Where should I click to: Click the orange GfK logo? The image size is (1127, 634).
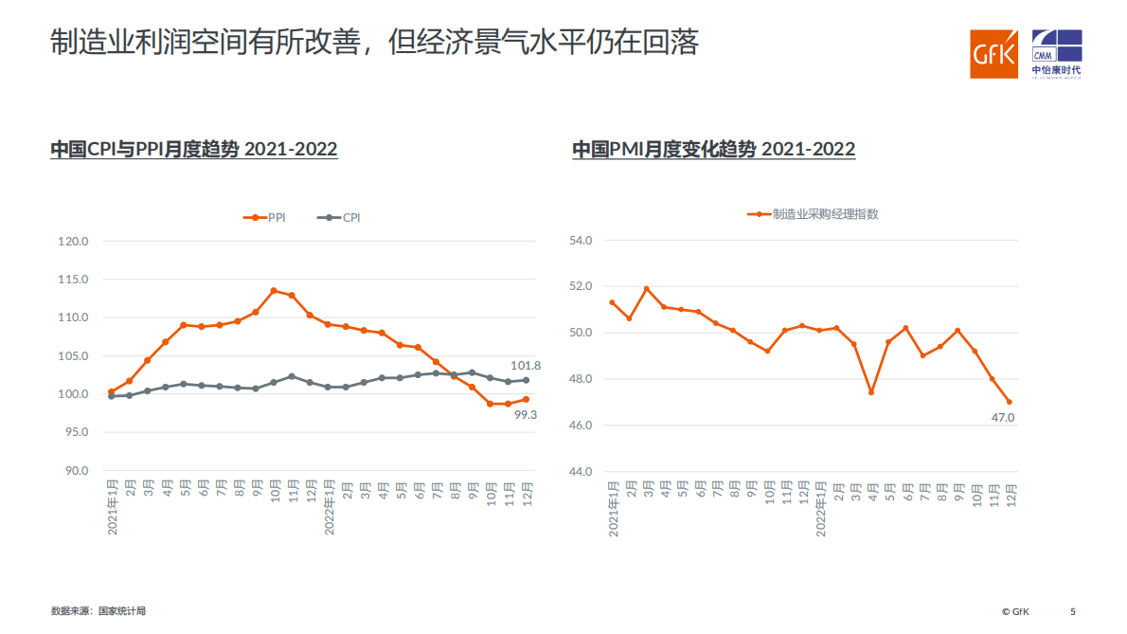993,54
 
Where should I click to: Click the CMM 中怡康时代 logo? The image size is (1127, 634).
1056,54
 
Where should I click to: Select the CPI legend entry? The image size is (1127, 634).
340,217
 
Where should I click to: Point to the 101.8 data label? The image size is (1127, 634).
526,365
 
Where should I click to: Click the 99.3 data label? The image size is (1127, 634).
526,414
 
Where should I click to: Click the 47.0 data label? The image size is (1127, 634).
1003,417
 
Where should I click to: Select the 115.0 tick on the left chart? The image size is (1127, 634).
73,280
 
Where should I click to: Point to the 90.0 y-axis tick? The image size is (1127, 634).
73,471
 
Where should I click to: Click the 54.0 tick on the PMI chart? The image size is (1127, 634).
579,241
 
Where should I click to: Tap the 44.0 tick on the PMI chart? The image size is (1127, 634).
579,472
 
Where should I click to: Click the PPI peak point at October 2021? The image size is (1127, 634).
274,291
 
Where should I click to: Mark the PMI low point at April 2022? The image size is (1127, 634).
870,392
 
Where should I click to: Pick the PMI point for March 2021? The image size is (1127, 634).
646,289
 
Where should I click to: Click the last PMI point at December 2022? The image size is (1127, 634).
1009,402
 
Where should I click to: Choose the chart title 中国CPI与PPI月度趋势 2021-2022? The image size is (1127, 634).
194,150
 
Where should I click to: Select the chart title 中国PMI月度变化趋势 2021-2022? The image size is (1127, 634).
713,150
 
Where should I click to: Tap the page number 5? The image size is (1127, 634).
1073,611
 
